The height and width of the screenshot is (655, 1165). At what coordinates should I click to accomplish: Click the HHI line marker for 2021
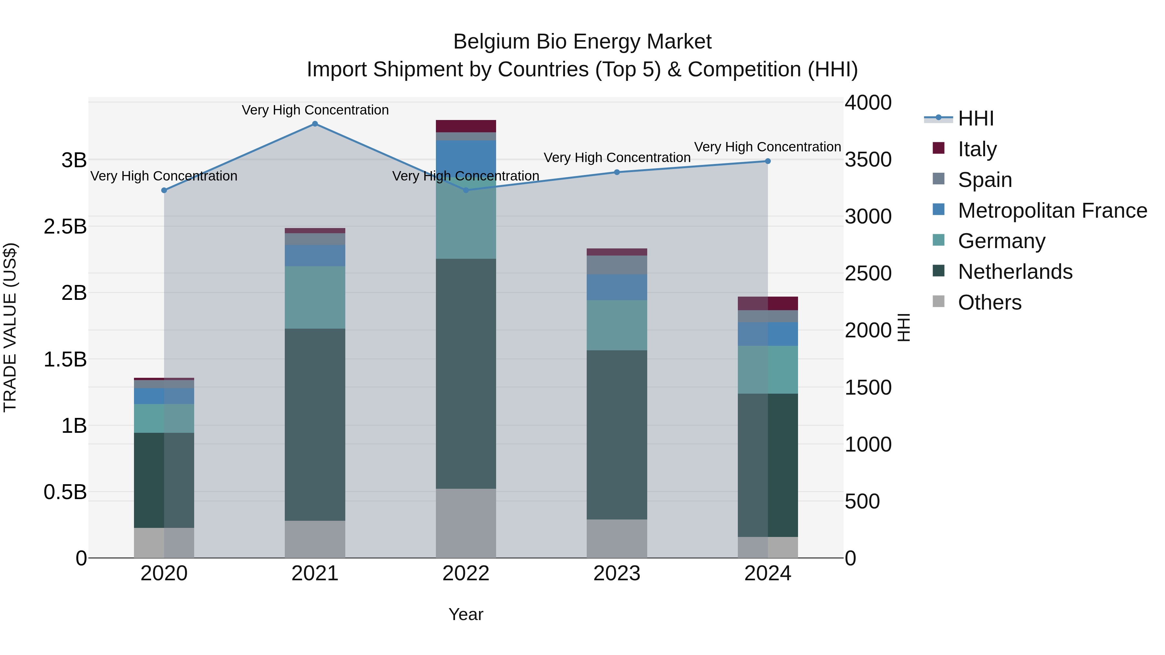click(315, 124)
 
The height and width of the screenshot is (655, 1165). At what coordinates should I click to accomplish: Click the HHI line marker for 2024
click(768, 161)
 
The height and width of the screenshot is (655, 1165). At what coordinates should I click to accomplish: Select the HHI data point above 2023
click(617, 172)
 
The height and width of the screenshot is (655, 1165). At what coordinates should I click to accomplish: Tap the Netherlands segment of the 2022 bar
click(466, 373)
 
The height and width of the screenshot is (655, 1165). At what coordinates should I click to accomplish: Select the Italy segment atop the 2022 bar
click(466, 126)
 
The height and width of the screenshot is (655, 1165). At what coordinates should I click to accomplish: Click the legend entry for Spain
click(984, 180)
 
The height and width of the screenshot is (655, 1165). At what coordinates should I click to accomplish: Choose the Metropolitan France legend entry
click(1052, 211)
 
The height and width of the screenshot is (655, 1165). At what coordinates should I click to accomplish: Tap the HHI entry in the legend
click(975, 118)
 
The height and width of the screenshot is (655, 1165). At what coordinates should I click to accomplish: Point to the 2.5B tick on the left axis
click(65, 226)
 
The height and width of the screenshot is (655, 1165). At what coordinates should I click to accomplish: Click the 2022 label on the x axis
click(466, 573)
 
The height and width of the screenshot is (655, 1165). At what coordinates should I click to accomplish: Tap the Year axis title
click(466, 614)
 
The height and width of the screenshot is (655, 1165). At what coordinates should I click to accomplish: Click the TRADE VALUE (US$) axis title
click(10, 327)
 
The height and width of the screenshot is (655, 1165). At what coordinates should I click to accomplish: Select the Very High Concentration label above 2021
click(315, 110)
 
